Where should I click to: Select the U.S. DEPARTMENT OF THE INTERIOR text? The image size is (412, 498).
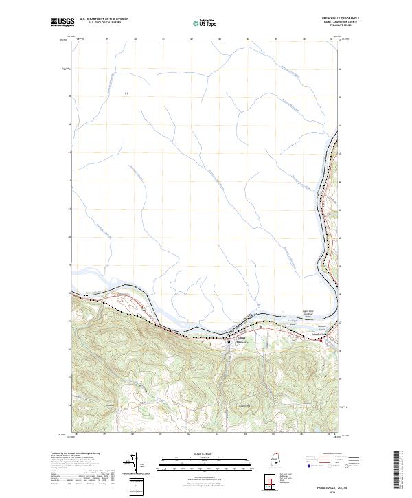point(104,19)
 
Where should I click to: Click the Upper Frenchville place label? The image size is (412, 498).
point(241,340)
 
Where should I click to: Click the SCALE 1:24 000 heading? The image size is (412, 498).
point(205,453)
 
